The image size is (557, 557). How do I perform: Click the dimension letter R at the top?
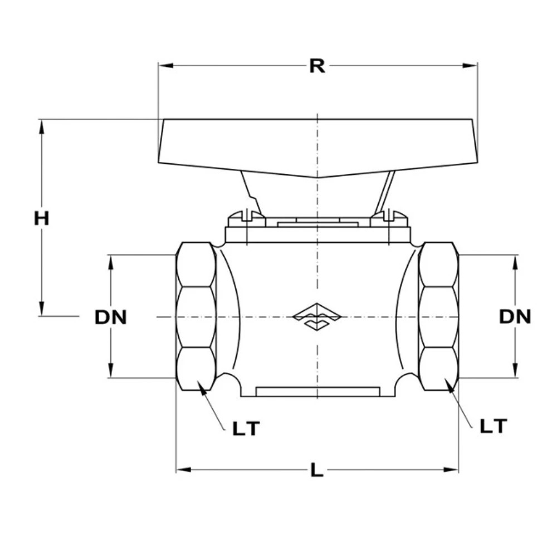point(317,66)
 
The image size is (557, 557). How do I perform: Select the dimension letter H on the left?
point(42,218)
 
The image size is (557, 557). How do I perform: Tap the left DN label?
point(110,317)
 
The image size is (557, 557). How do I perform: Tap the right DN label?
point(515,316)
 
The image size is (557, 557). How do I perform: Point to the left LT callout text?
point(246,428)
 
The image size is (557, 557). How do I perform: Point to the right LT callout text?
point(494,426)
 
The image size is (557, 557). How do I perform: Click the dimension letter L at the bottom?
point(317,470)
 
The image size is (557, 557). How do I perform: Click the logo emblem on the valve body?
point(317,316)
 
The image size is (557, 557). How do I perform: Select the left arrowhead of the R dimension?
point(165,65)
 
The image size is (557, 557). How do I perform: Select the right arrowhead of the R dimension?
point(470,65)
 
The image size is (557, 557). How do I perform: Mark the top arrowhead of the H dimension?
point(42,126)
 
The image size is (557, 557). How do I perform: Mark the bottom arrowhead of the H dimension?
point(42,309)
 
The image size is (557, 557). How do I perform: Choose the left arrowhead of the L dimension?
point(184,470)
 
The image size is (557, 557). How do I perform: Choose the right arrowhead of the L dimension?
point(451,470)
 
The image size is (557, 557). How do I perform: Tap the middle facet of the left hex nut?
point(196,317)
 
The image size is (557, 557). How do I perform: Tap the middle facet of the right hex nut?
point(438,317)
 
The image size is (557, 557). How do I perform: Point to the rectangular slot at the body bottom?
point(317,392)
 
